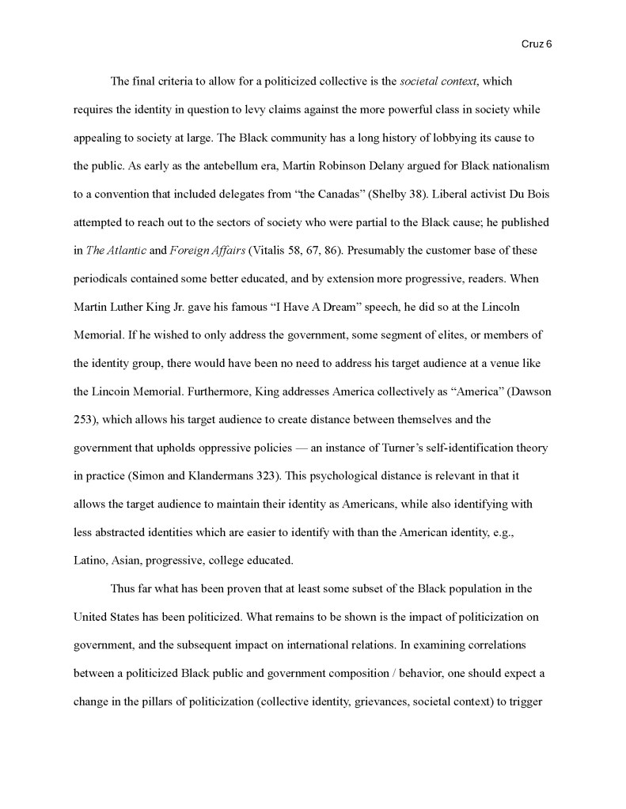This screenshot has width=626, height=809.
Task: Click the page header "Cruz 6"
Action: (537, 45)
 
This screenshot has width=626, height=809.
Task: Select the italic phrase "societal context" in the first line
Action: (438, 81)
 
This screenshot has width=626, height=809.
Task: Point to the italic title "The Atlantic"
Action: (116, 251)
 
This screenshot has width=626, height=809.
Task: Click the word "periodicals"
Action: (102, 279)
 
